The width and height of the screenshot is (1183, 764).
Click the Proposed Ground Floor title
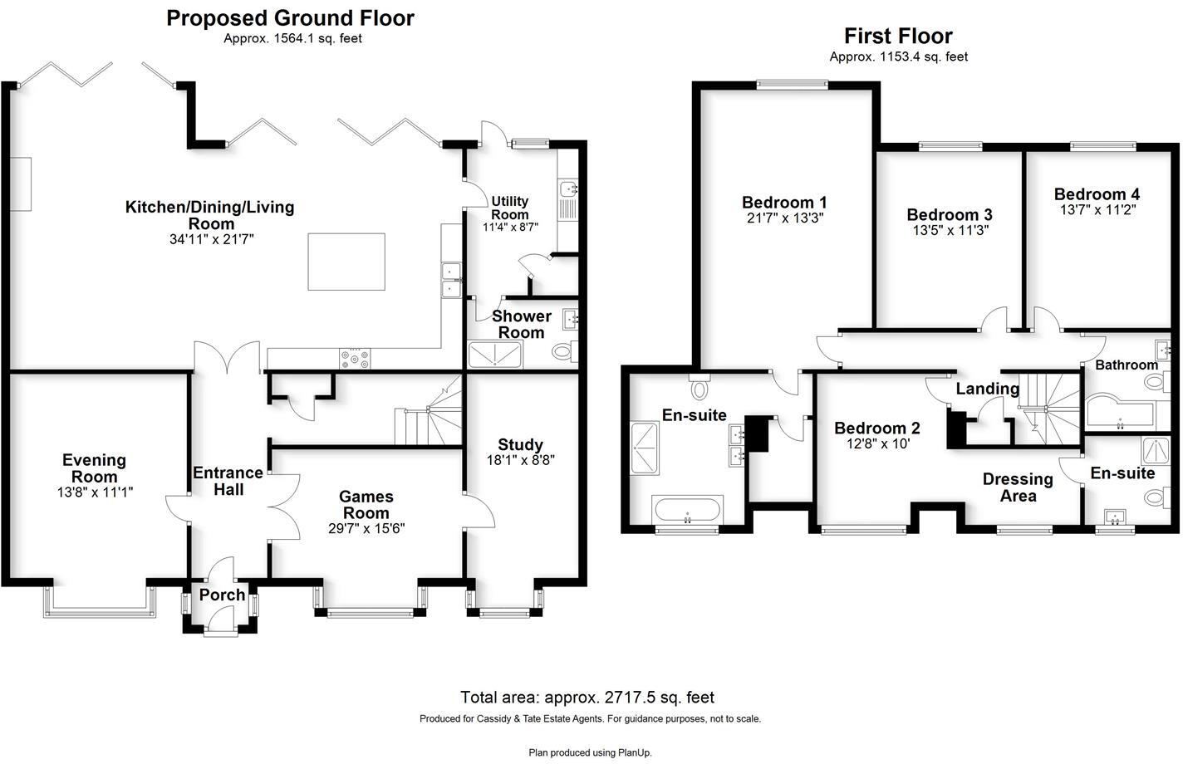click(290, 18)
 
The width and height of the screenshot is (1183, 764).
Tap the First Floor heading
click(898, 36)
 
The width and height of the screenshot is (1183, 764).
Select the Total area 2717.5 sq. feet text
click(587, 698)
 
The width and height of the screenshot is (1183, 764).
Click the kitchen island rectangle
click(346, 262)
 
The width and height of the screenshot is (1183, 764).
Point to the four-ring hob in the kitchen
click(355, 358)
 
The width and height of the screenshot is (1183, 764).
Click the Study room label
click(520, 444)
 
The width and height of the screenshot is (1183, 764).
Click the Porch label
click(222, 595)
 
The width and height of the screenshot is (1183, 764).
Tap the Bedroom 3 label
click(949, 215)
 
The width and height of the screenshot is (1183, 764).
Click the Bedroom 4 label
click(1097, 194)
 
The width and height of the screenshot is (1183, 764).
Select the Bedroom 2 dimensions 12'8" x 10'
click(876, 443)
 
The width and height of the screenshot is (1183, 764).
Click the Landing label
click(987, 389)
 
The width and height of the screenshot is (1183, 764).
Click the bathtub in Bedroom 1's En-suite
click(688, 510)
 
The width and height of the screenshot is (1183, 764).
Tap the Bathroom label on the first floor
click(1126, 365)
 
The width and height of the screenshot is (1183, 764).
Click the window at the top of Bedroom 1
click(792, 83)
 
